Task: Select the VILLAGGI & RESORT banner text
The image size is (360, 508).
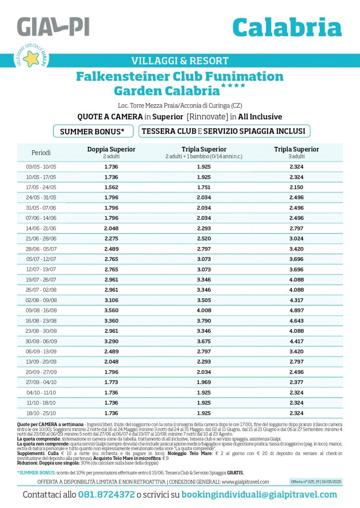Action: pos(180,61)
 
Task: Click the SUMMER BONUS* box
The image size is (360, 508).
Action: pos(93,131)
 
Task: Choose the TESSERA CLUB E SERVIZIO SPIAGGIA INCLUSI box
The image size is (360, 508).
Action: pos(225,131)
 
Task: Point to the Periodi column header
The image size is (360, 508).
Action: pos(41,152)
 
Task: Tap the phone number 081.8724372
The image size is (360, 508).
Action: pos(106,495)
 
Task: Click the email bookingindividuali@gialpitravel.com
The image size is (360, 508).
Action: pos(259,495)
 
